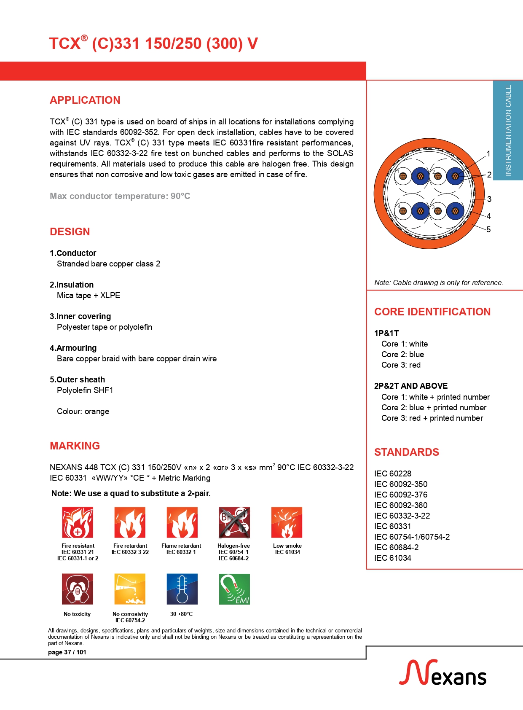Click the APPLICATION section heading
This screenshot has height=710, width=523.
coord(85,100)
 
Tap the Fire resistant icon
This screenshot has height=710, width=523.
coord(78,522)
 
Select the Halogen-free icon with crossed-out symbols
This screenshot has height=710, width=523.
coord(234,522)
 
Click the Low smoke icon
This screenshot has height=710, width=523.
coord(287,522)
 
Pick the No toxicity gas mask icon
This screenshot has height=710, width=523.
coord(78,589)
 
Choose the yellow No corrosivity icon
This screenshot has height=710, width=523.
coord(130,589)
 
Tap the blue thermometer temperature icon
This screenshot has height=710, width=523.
coord(182,589)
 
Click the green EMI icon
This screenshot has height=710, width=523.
coord(234,589)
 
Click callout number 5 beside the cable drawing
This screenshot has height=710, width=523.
coord(488,229)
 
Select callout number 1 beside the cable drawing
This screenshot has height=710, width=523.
coord(488,154)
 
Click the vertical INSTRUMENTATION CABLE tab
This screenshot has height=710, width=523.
coord(508,130)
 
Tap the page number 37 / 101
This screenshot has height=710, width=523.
coord(67,652)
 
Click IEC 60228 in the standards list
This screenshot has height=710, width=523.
coord(393,473)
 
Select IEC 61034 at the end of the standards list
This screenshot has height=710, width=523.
coord(393,558)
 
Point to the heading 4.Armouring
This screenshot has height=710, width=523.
coord(73,348)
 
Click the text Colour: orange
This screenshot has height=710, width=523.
coord(83,411)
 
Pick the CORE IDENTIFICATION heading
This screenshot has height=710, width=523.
coord(432,312)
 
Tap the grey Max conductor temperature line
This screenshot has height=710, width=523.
coord(120,196)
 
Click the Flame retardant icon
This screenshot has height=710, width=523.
coord(182,522)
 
